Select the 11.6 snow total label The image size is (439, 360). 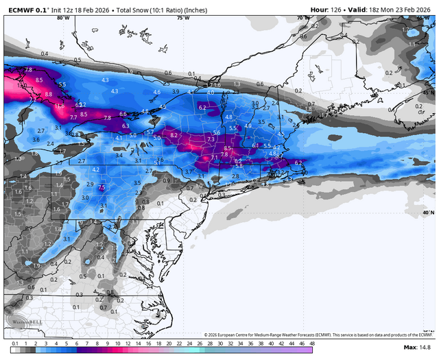point(60,106)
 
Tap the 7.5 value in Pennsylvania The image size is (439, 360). point(102,187)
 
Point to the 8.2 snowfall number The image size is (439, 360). point(174,136)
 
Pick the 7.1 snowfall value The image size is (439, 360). point(214,157)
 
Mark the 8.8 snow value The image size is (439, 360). point(48,94)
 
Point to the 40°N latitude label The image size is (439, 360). point(429,213)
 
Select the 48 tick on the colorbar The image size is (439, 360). point(312,343)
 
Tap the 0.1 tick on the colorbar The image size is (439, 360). point(14,343)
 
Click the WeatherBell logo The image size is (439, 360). point(21,322)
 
